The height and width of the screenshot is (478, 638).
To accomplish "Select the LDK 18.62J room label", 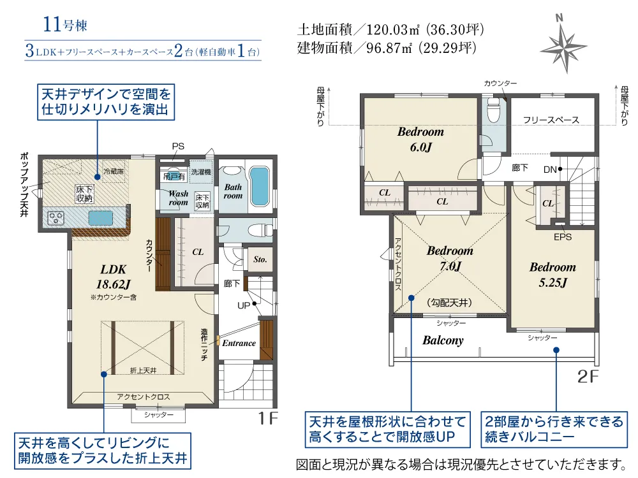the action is [x=114, y=277].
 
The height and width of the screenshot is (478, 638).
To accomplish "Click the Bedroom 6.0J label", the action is [x=420, y=139].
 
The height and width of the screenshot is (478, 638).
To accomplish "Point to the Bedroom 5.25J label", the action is [x=553, y=274].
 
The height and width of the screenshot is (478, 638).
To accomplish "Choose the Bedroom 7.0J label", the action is [x=450, y=258].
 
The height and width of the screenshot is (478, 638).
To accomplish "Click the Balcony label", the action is [x=443, y=340].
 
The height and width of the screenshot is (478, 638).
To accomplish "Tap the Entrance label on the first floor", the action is [x=239, y=343].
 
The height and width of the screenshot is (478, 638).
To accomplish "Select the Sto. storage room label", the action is [x=260, y=259].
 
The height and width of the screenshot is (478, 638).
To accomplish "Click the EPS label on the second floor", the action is [x=563, y=237].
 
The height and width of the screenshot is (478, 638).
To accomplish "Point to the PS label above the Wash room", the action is [x=178, y=147].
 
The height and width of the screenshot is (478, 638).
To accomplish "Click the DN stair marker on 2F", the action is [x=550, y=170].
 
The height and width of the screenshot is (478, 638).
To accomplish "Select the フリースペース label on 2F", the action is [x=551, y=120].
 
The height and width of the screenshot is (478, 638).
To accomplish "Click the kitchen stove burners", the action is [x=56, y=218].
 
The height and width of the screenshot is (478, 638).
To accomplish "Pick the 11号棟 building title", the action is [x=65, y=24].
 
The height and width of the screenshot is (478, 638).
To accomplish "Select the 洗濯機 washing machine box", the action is [x=201, y=172].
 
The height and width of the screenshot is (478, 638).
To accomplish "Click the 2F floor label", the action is [x=588, y=377].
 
